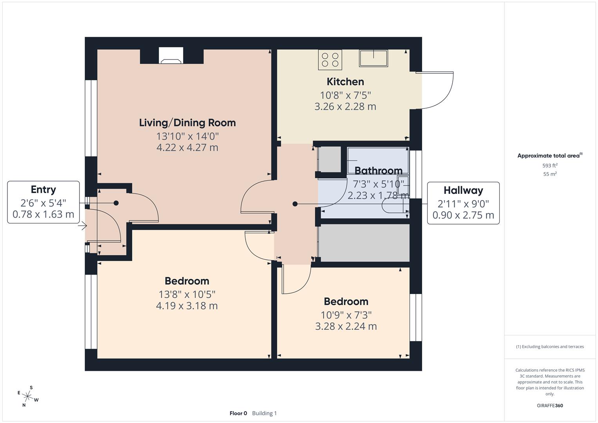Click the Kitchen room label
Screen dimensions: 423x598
tap(345, 81)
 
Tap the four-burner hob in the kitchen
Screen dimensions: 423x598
tap(330, 60)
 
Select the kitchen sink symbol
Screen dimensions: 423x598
tap(373, 58)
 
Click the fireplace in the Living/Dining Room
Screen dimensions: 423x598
tap(171, 56)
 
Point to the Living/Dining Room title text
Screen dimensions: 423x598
tap(187, 123)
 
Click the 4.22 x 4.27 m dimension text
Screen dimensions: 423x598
tap(187, 148)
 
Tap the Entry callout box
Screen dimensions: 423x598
tap(43, 202)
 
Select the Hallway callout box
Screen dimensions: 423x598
tap(463, 203)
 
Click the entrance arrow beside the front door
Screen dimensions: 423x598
tap(82, 226)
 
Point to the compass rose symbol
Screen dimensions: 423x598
tap(28, 396)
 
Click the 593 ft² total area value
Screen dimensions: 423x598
tap(550, 166)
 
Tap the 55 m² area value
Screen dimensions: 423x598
tap(550, 174)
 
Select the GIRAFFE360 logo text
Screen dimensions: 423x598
tap(550, 405)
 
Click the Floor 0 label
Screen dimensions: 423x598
tap(238, 413)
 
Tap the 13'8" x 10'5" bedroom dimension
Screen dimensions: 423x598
tap(187, 294)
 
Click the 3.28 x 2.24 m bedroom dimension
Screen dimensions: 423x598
tap(346, 326)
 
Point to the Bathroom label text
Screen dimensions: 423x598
tap(378, 171)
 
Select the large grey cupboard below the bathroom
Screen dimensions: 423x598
tap(364, 243)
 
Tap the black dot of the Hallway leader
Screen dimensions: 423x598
tap(295, 204)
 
